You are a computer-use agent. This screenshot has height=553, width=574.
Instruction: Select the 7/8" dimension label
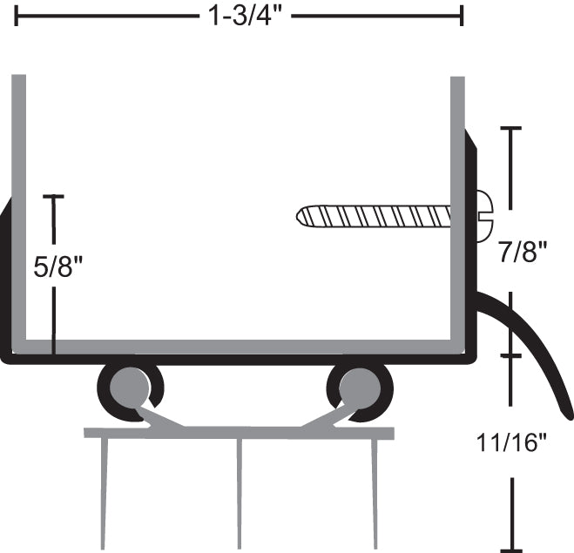(523, 253)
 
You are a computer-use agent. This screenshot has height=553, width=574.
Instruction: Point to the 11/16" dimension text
(512, 442)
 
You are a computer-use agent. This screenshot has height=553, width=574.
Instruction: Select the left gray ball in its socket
(130, 385)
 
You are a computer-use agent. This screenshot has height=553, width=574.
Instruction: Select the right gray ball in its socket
(358, 385)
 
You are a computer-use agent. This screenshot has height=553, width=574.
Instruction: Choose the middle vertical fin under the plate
(240, 492)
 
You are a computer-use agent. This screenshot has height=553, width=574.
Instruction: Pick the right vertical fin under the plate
(375, 492)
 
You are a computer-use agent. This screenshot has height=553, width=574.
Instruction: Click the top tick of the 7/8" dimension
(510, 129)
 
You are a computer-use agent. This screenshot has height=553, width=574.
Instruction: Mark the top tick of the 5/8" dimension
(54, 197)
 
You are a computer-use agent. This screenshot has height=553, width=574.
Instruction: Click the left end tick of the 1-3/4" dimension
(17, 15)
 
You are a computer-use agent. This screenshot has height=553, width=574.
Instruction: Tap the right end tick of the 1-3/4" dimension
(462, 15)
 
